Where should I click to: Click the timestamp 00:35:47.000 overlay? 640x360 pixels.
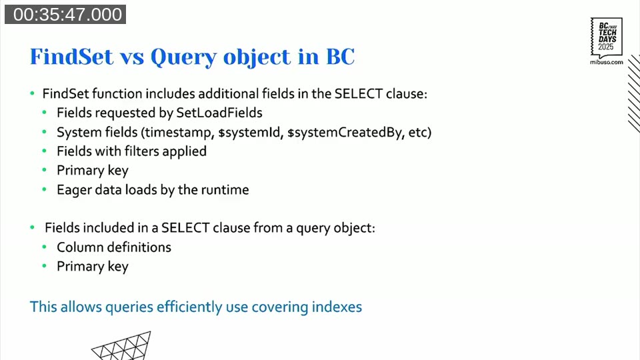coord(65,15)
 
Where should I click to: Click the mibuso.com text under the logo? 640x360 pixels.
coord(607,62)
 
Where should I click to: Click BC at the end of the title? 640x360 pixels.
coord(339,57)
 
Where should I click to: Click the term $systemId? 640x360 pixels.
coord(251,132)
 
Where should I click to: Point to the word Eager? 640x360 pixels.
coord(74,190)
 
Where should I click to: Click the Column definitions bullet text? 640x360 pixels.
coord(113,247)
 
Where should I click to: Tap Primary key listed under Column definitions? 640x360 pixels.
coord(92,267)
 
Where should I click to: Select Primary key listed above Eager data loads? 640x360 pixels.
coord(92,171)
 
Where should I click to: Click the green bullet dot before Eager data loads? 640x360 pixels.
coord(45,191)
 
